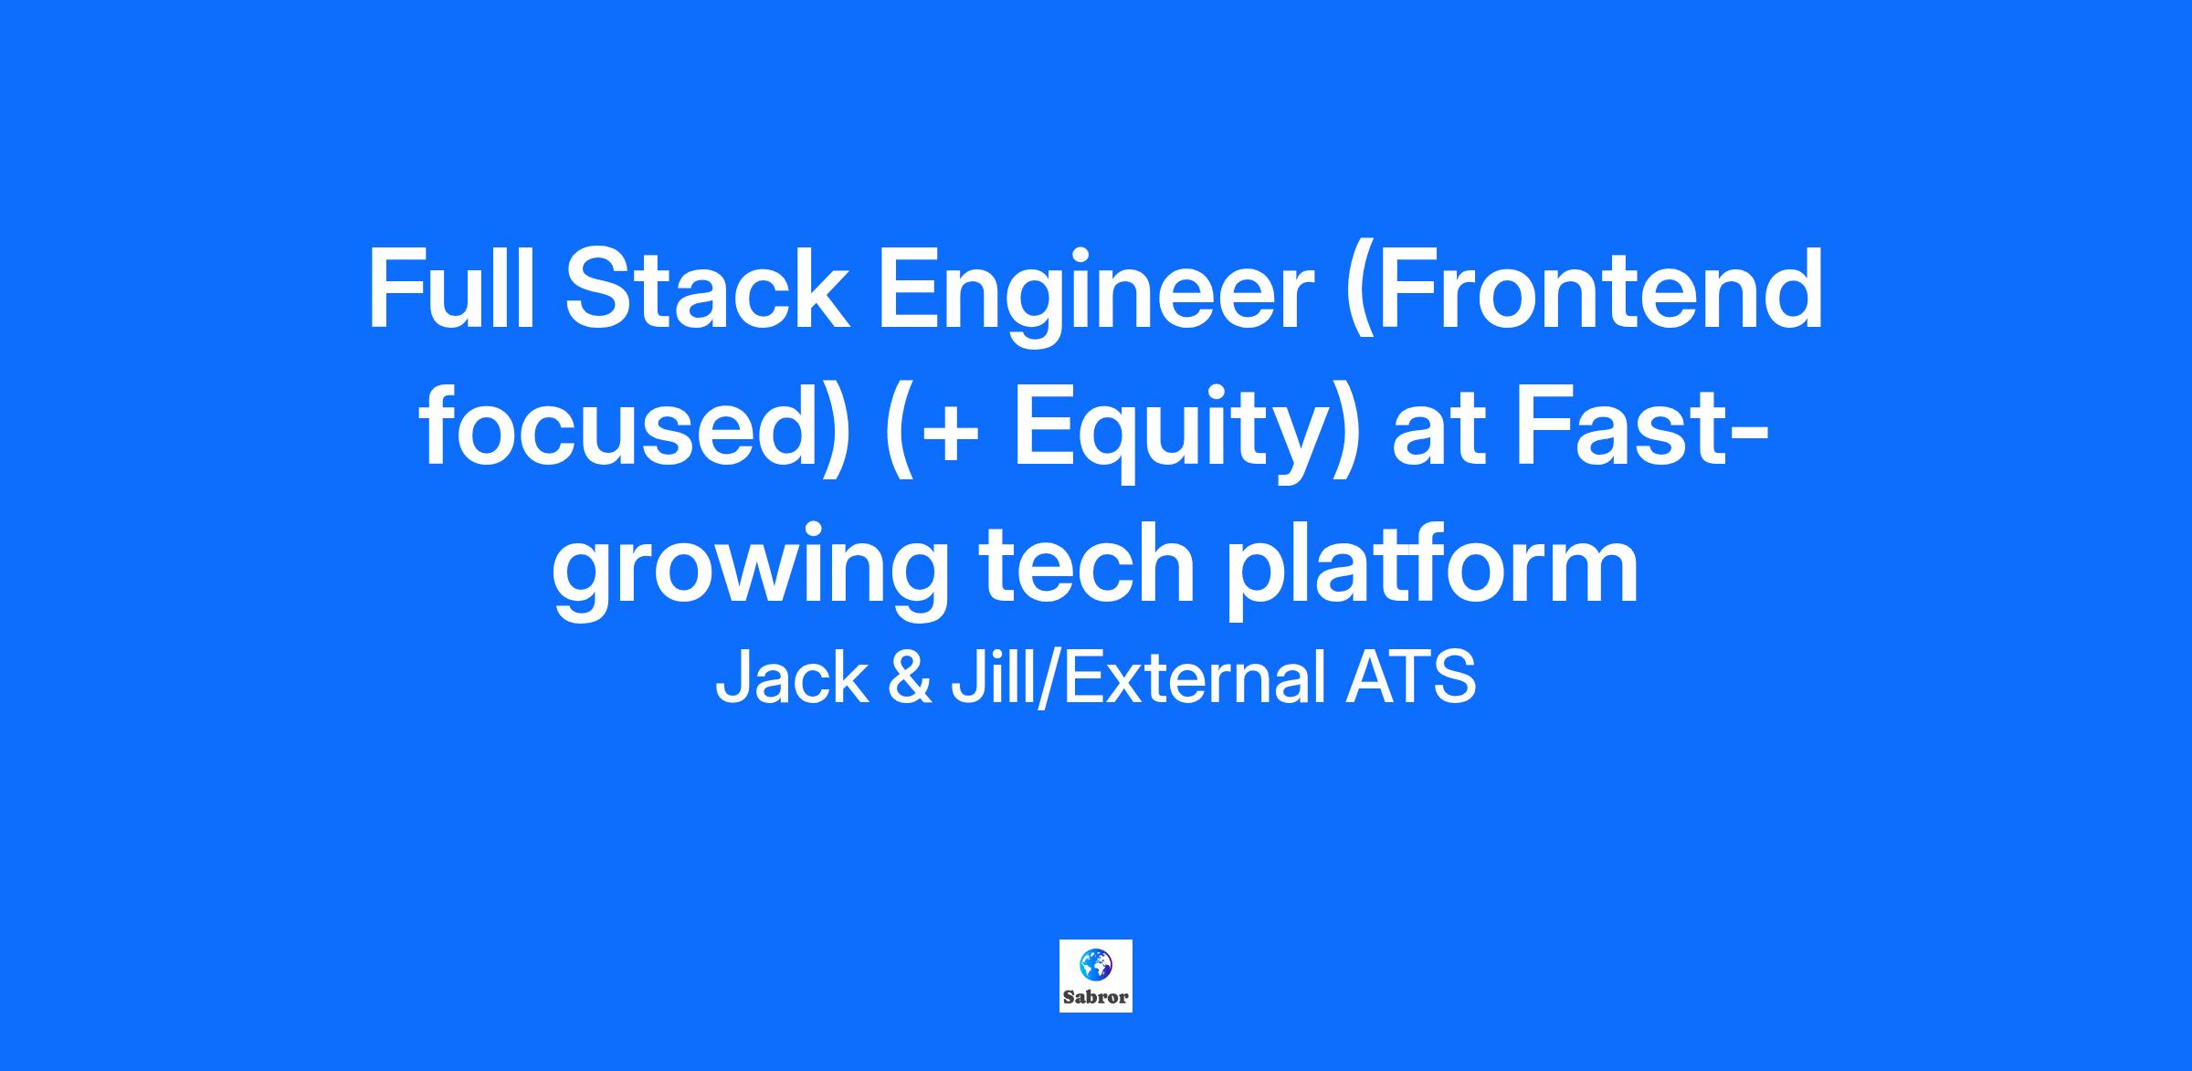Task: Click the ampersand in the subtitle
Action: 910,677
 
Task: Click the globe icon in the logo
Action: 1095,962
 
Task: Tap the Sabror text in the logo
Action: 1096,997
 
